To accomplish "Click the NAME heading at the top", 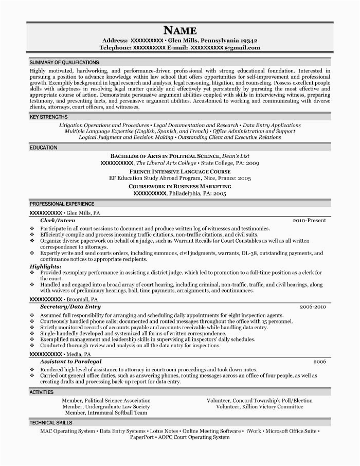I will [179, 30].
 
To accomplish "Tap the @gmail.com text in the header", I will [242, 47].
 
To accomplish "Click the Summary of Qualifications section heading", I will [64, 62].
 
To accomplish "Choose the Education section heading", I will [43, 148].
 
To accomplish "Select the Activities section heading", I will [41, 392].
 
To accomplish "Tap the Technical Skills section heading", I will [51, 422].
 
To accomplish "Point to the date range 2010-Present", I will [309, 220].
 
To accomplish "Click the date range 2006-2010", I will [313, 307].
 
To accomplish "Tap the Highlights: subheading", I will [45, 266].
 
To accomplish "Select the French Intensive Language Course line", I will [179, 171].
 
